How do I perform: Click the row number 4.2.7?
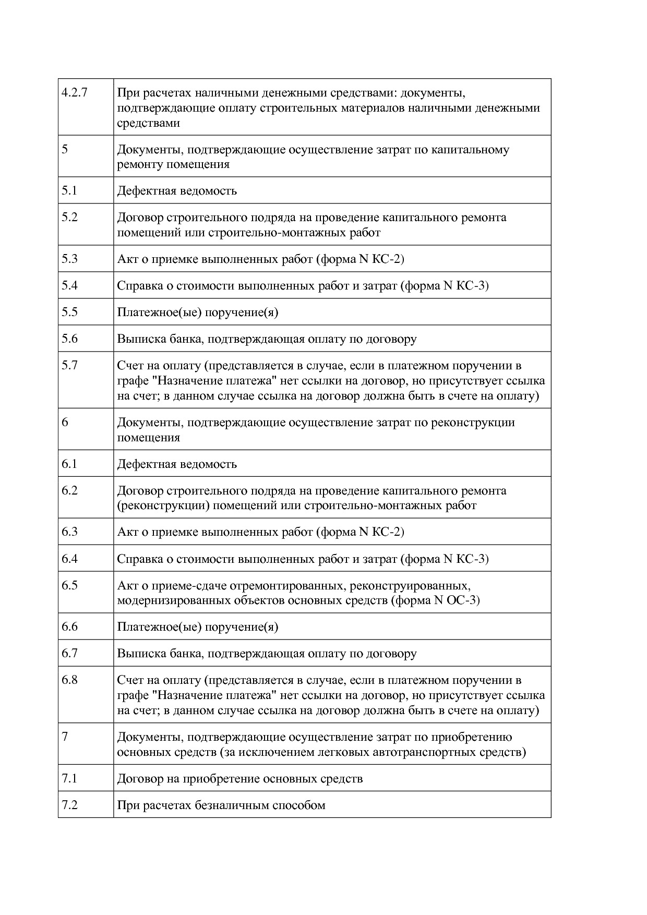74,93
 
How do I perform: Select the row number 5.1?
69,190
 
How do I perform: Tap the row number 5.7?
69,365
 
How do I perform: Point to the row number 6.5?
69,585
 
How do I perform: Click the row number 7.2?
69,805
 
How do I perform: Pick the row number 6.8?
69,680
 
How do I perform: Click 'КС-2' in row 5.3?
388,259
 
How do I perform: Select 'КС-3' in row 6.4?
472,559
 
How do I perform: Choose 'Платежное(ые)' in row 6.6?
159,627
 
